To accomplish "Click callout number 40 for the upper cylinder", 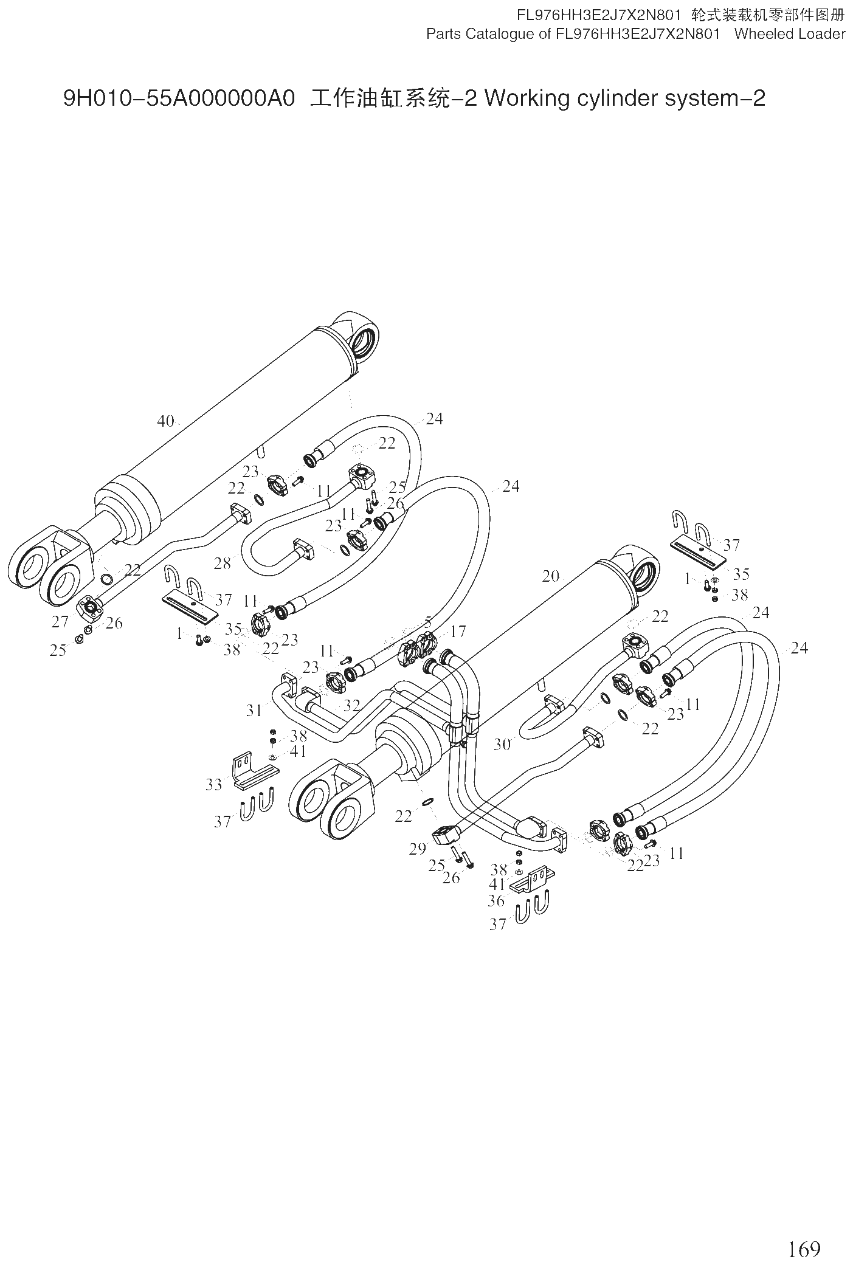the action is [x=165, y=421].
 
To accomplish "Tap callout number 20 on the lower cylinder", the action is [x=550, y=576].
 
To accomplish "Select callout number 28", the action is [x=223, y=563].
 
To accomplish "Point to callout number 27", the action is [x=60, y=621].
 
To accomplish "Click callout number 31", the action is [x=254, y=710].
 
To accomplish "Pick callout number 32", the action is [x=352, y=706].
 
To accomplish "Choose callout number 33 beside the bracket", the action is [x=213, y=784].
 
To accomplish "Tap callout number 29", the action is [x=417, y=849].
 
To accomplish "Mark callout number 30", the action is [x=502, y=744].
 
